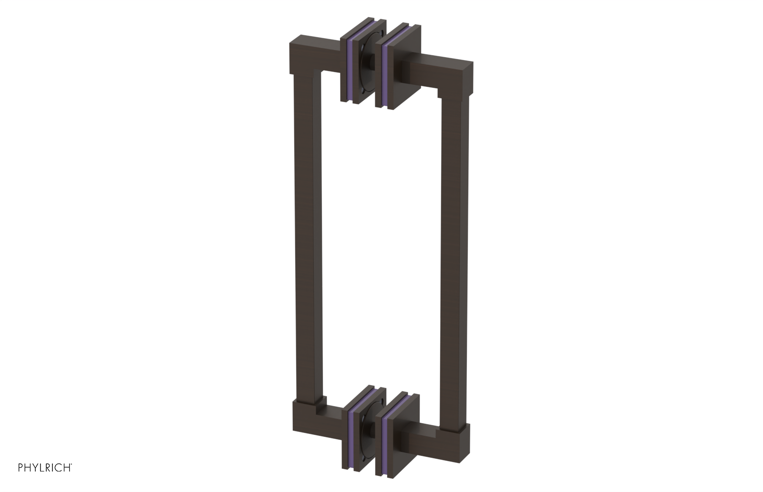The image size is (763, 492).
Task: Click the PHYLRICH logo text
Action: [x=45, y=468]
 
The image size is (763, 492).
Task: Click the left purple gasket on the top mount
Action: [x=351, y=62]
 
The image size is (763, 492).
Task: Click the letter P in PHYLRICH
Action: [x=21, y=468]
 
